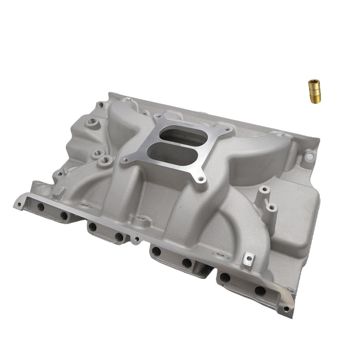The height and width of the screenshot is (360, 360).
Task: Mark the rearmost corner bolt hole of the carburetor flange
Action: coord(157,117)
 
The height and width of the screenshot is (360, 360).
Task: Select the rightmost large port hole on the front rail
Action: coord(260,291)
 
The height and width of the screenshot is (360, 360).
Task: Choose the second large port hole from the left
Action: coord(64,215)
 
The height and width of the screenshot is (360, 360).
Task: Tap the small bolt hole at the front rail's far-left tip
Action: coord(19,204)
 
